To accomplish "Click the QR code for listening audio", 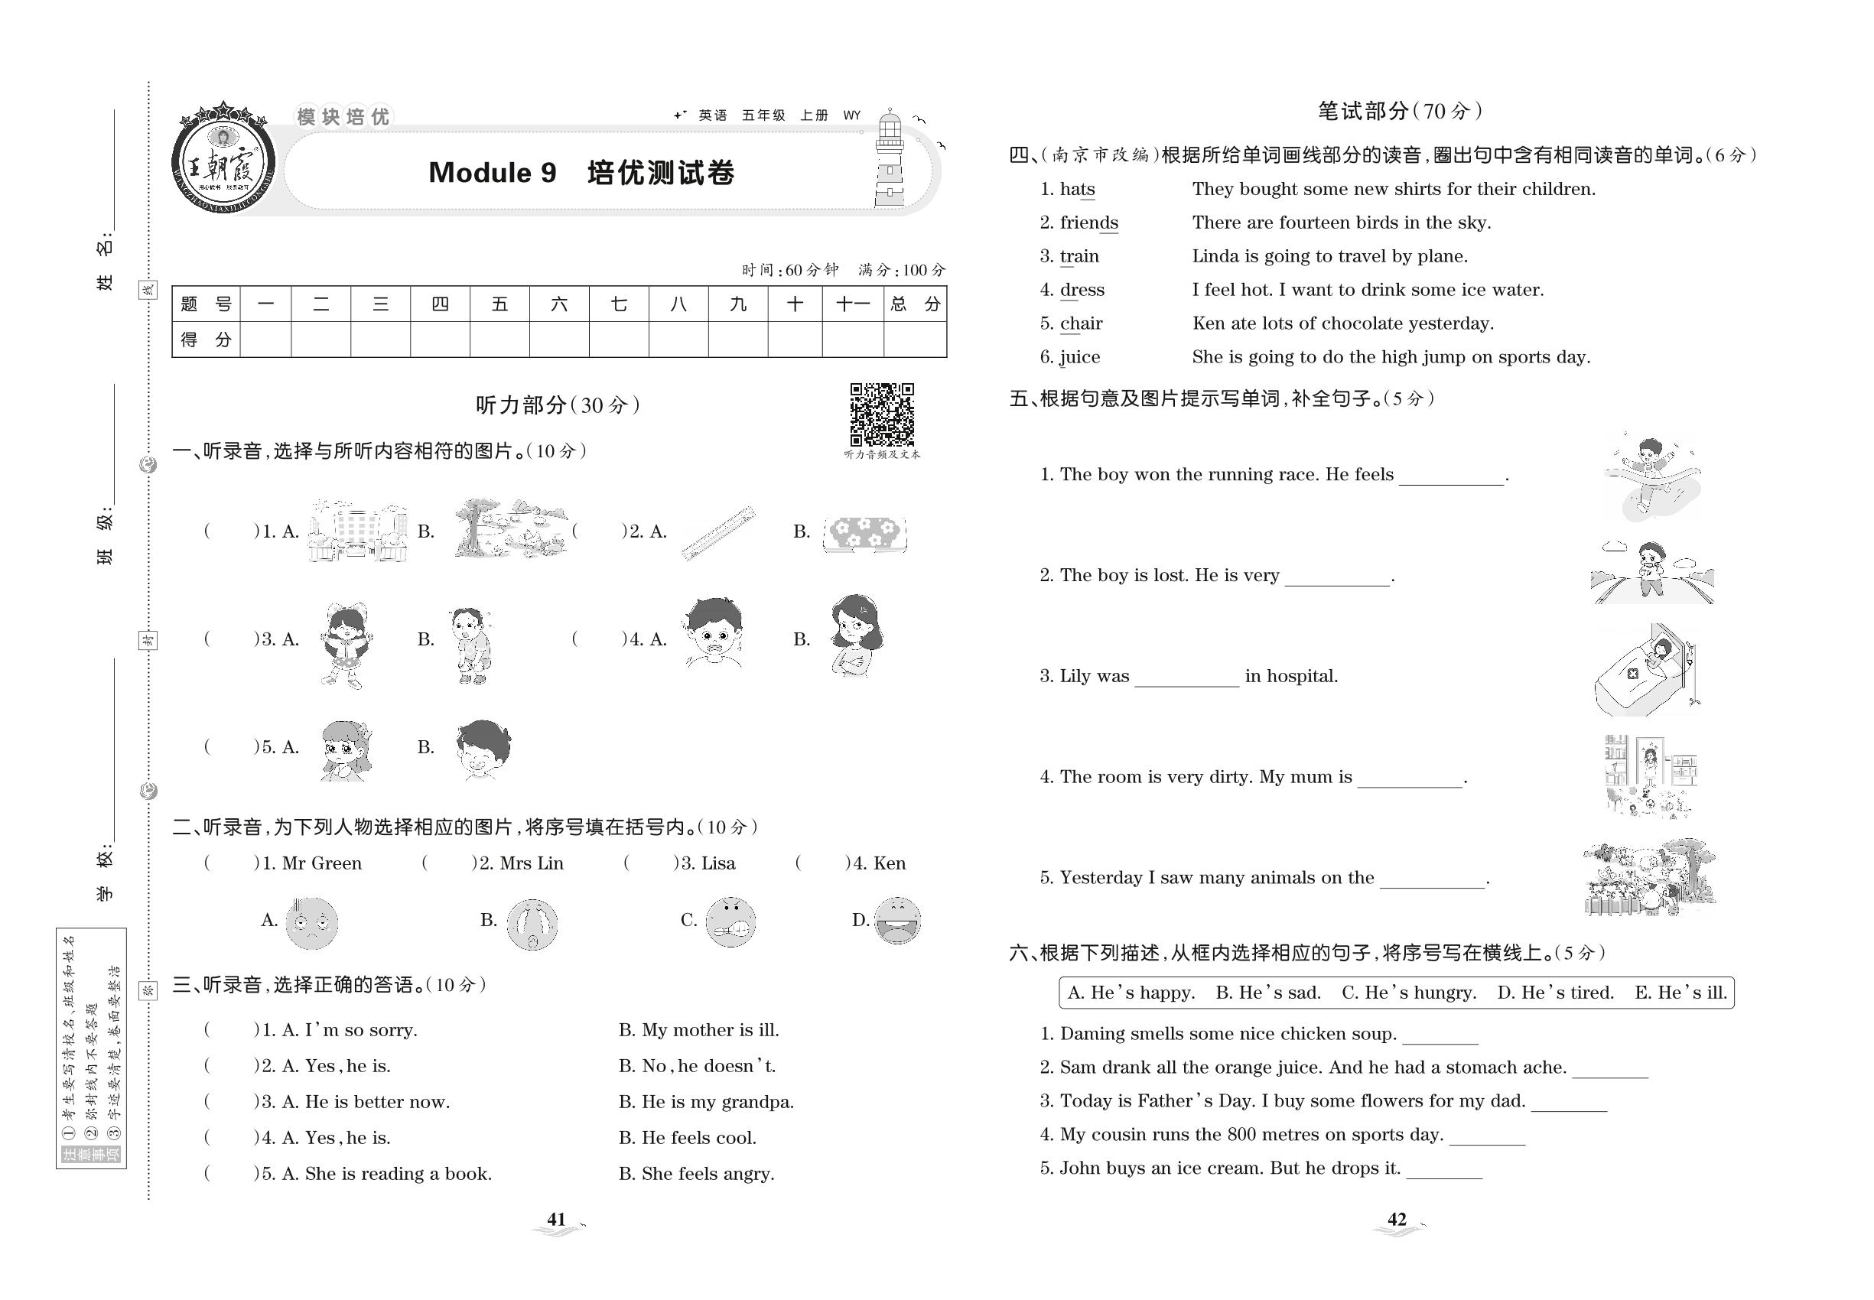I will click(882, 414).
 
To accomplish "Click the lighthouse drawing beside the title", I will click(890, 161).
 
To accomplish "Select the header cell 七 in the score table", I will click(618, 304).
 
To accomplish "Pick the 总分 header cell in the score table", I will click(914, 304).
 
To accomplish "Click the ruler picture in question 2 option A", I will click(717, 533).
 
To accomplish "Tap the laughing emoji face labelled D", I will click(897, 921).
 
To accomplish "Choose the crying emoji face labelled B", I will click(532, 924).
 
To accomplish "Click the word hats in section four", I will click(1077, 189).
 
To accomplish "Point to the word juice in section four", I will click(1079, 357).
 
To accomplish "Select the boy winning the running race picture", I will click(1651, 476).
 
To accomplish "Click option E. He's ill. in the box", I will click(1680, 992).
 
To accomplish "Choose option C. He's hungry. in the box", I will click(1409, 992).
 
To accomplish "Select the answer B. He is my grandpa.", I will click(705, 1102).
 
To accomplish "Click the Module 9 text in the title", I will click(492, 173).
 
